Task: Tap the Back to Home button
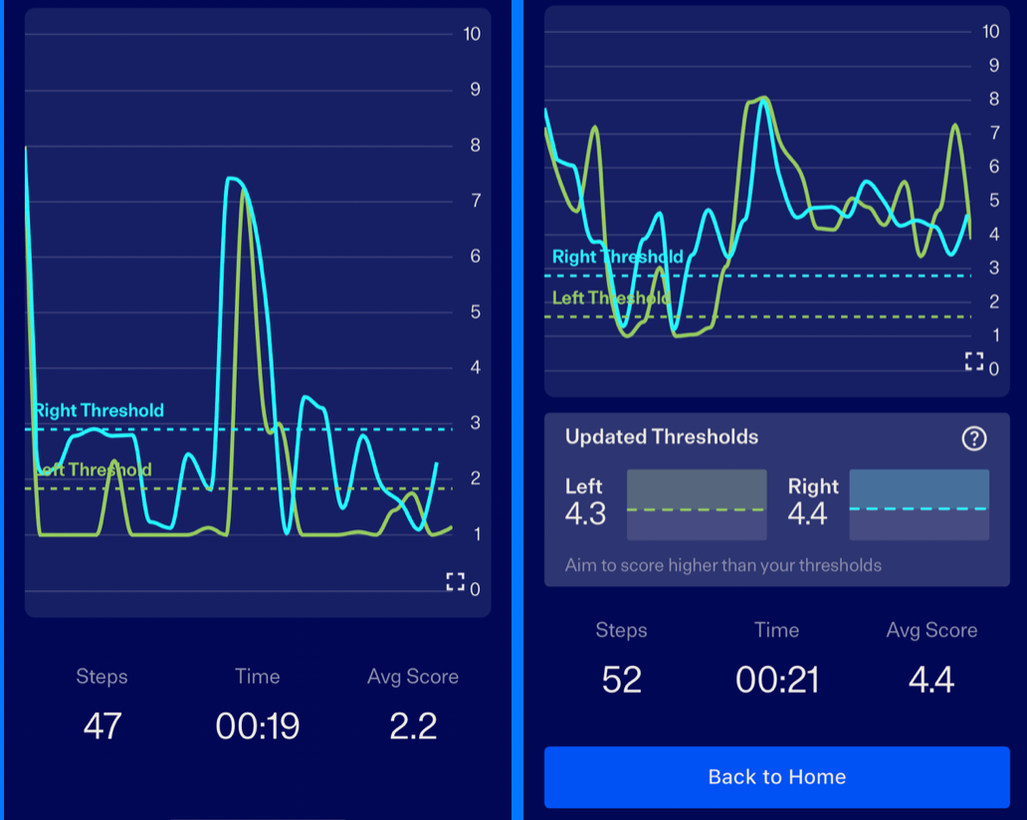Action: pos(776,777)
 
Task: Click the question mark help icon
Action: pos(974,438)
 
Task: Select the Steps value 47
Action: pos(102,725)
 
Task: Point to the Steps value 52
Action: pos(622,680)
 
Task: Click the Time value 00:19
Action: pos(257,725)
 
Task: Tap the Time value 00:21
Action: pos(776,680)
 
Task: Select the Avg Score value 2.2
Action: pos(413,725)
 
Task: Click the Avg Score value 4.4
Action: pos(931,680)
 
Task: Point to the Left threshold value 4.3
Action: pos(585,514)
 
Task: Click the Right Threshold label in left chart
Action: pos(100,410)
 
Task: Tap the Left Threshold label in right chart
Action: pos(610,298)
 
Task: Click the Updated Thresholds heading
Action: pos(662,437)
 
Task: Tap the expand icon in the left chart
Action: pos(455,582)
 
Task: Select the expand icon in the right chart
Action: pos(974,361)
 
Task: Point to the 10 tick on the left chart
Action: pos(472,34)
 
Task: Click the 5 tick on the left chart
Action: pos(475,312)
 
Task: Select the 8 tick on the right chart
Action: pos(992,99)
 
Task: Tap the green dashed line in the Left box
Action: pos(696,510)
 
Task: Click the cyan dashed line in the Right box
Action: pos(919,508)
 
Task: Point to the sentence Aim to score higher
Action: pos(723,565)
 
